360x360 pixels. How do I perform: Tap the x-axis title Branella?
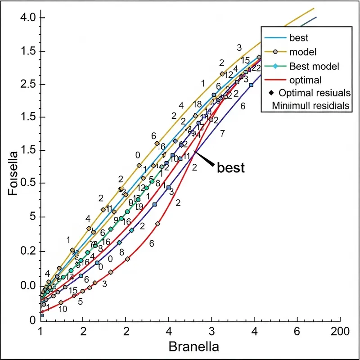pyautogui.click(x=193, y=347)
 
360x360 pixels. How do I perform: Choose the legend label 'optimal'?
pyautogui.click(x=306, y=80)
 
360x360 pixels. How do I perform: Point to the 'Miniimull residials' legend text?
pyautogui.click(x=310, y=106)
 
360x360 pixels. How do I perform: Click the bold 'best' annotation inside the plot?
pyautogui.click(x=231, y=168)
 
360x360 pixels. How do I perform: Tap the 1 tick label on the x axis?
pyautogui.click(x=41, y=331)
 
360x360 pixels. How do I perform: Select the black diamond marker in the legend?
pyautogui.click(x=271, y=94)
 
